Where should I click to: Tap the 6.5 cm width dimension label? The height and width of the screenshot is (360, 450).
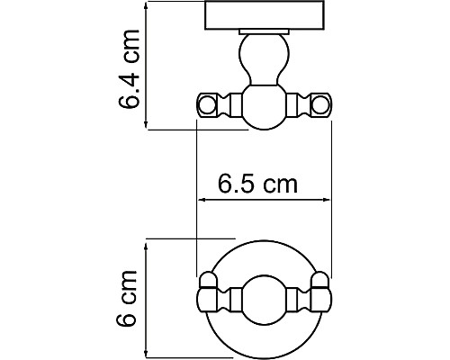click(257, 185)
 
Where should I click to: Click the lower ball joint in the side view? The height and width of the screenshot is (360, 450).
click(265, 106)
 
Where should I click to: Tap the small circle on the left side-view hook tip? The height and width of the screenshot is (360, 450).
click(207, 105)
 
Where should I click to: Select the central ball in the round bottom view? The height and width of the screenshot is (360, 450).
click(265, 294)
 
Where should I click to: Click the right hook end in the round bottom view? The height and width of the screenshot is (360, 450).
click(320, 294)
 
